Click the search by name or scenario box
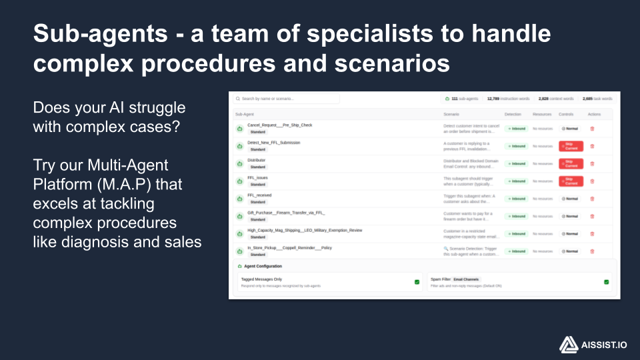coord(286,99)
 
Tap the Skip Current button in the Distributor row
coord(571,163)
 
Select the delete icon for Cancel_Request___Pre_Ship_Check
coord(592,129)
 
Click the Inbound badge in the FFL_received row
coord(516,199)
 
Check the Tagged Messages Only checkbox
coord(417,282)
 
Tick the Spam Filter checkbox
coord(607,282)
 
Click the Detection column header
coord(513,115)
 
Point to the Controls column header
coord(566,115)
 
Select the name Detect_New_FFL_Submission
coord(273,143)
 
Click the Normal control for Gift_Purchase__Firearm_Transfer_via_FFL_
coord(570,216)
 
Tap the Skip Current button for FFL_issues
coord(571,181)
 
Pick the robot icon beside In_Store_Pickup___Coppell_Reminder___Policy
coord(240,251)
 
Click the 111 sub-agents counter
coord(461,99)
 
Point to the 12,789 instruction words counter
coord(508,99)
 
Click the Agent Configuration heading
coord(263,266)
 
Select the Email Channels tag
coord(467,279)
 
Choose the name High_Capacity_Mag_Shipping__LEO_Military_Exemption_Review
coord(305,230)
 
